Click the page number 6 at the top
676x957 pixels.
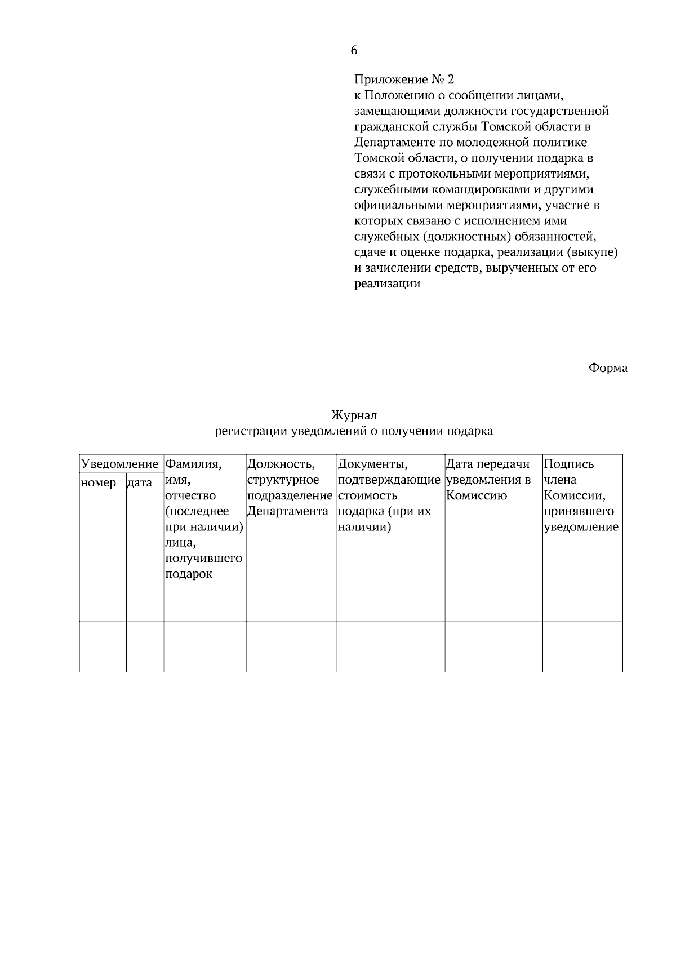tap(354, 50)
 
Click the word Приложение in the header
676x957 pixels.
tap(384, 79)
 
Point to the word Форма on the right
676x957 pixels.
tap(608, 368)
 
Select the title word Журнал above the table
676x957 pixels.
tap(354, 415)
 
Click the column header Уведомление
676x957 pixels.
tap(120, 464)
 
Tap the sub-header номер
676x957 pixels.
tap(99, 482)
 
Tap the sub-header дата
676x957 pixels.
tap(140, 482)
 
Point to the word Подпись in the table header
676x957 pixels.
tap(569, 464)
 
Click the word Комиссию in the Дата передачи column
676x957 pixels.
tap(476, 496)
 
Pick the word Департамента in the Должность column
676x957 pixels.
tap(287, 512)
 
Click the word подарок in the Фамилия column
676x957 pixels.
tap(189, 575)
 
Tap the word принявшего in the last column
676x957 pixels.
tap(579, 512)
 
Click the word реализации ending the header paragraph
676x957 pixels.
tap(387, 283)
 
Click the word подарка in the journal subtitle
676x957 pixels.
tap(470, 431)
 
